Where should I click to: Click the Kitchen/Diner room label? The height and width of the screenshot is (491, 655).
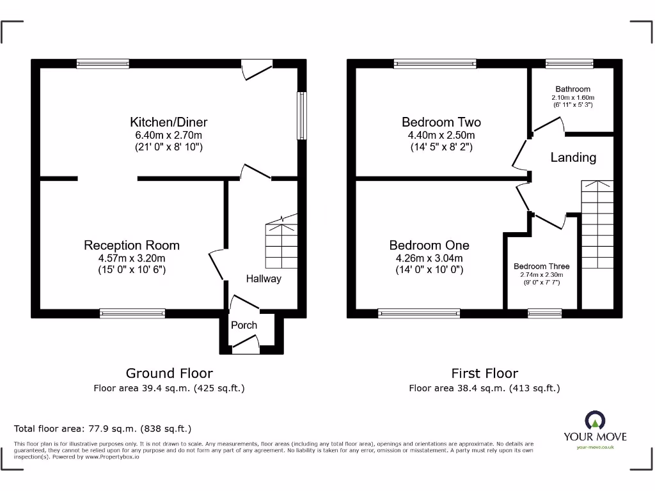point(169,122)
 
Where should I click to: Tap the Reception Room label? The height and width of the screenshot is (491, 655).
point(132,245)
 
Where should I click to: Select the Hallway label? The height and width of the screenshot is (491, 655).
point(264,279)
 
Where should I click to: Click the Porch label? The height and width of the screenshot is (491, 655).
point(244,325)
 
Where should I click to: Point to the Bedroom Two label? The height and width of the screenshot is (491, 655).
point(441,122)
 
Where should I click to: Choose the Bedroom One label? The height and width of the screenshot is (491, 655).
point(429,245)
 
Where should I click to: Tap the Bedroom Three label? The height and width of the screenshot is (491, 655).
point(541,266)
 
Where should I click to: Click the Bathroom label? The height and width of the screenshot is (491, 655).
point(572,89)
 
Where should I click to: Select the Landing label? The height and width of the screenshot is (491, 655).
point(573,157)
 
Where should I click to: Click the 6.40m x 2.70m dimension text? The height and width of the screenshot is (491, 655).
point(169,136)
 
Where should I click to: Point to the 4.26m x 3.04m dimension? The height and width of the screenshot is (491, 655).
point(429,258)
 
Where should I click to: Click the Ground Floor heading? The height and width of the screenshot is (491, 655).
point(169,373)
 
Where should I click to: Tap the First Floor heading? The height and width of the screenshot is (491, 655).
point(484,373)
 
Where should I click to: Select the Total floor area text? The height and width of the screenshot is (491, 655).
point(102,428)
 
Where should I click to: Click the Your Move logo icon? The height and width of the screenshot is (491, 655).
point(595,421)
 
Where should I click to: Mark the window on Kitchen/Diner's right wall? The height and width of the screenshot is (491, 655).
point(301,115)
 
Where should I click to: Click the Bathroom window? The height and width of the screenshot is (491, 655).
point(569,63)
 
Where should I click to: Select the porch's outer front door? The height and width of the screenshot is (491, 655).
point(246,348)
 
